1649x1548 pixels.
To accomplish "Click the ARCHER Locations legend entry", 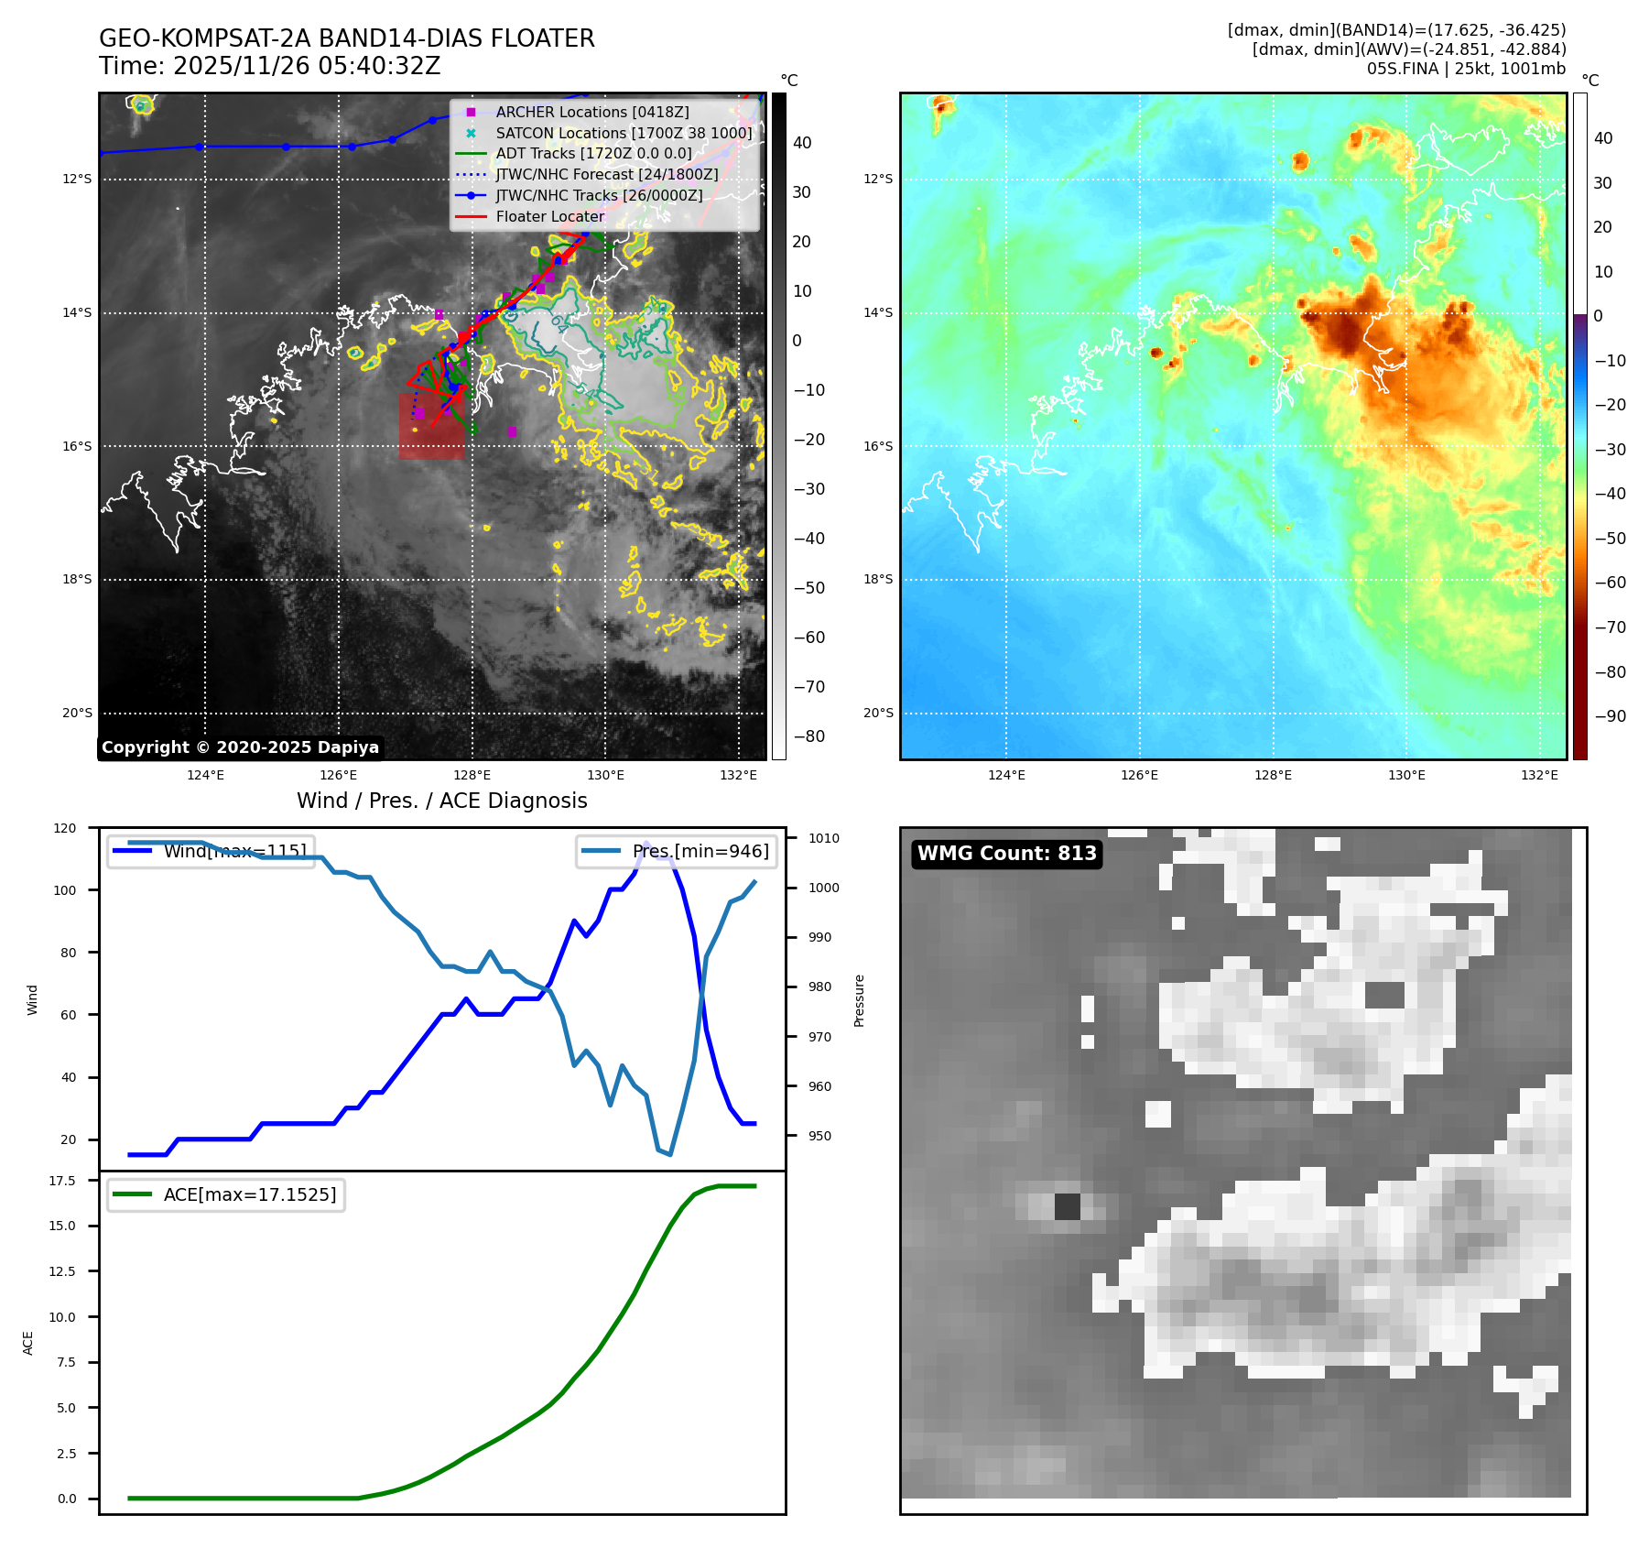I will click(x=591, y=112).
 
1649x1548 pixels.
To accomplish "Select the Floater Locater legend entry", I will click(x=549, y=216).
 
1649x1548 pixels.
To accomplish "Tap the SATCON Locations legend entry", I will click(x=623, y=133).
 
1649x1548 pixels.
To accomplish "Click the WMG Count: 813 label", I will click(x=1006, y=854).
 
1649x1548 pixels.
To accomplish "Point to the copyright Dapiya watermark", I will click(x=240, y=747).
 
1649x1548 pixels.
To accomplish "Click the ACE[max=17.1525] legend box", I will click(x=226, y=1194).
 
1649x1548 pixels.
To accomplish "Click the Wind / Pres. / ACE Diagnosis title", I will click(x=441, y=801).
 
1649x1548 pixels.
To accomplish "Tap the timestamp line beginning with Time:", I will click(x=270, y=66).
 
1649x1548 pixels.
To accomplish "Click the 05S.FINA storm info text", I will click(x=1465, y=69).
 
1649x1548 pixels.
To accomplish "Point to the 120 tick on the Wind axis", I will click(x=65, y=828).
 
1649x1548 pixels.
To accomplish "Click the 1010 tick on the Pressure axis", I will click(x=824, y=838).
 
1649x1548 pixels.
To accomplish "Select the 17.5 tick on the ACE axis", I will click(x=62, y=1181).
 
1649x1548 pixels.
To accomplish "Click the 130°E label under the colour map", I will click(x=1406, y=775).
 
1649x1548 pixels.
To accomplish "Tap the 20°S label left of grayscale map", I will click(x=77, y=713).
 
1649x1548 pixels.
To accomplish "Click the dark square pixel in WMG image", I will click(x=1067, y=1206).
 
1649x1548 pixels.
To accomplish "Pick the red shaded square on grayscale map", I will click(x=431, y=426).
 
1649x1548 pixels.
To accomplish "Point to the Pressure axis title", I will click(x=859, y=1000).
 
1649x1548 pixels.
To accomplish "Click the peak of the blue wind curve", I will click(x=646, y=844).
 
